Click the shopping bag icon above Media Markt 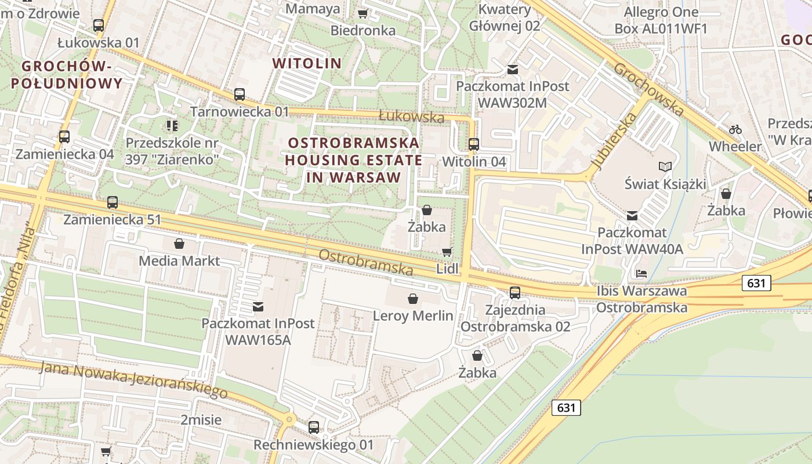click(x=179, y=244)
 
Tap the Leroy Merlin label click(x=413, y=316)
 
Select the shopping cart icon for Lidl click(x=447, y=252)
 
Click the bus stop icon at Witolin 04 click(x=474, y=144)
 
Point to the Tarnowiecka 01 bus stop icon click(x=240, y=95)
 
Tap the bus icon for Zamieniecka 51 click(x=113, y=202)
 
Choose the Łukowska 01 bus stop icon click(x=99, y=26)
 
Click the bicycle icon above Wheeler click(x=735, y=129)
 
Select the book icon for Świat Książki click(x=665, y=167)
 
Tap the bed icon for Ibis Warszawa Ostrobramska click(x=641, y=273)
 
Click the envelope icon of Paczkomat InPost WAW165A click(x=258, y=306)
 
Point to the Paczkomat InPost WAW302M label click(x=513, y=94)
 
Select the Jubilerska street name click(x=615, y=142)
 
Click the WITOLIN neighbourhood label click(x=307, y=63)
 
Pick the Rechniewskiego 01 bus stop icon click(x=314, y=427)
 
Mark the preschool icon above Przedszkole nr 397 click(x=172, y=125)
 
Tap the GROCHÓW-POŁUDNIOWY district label click(x=66, y=75)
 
